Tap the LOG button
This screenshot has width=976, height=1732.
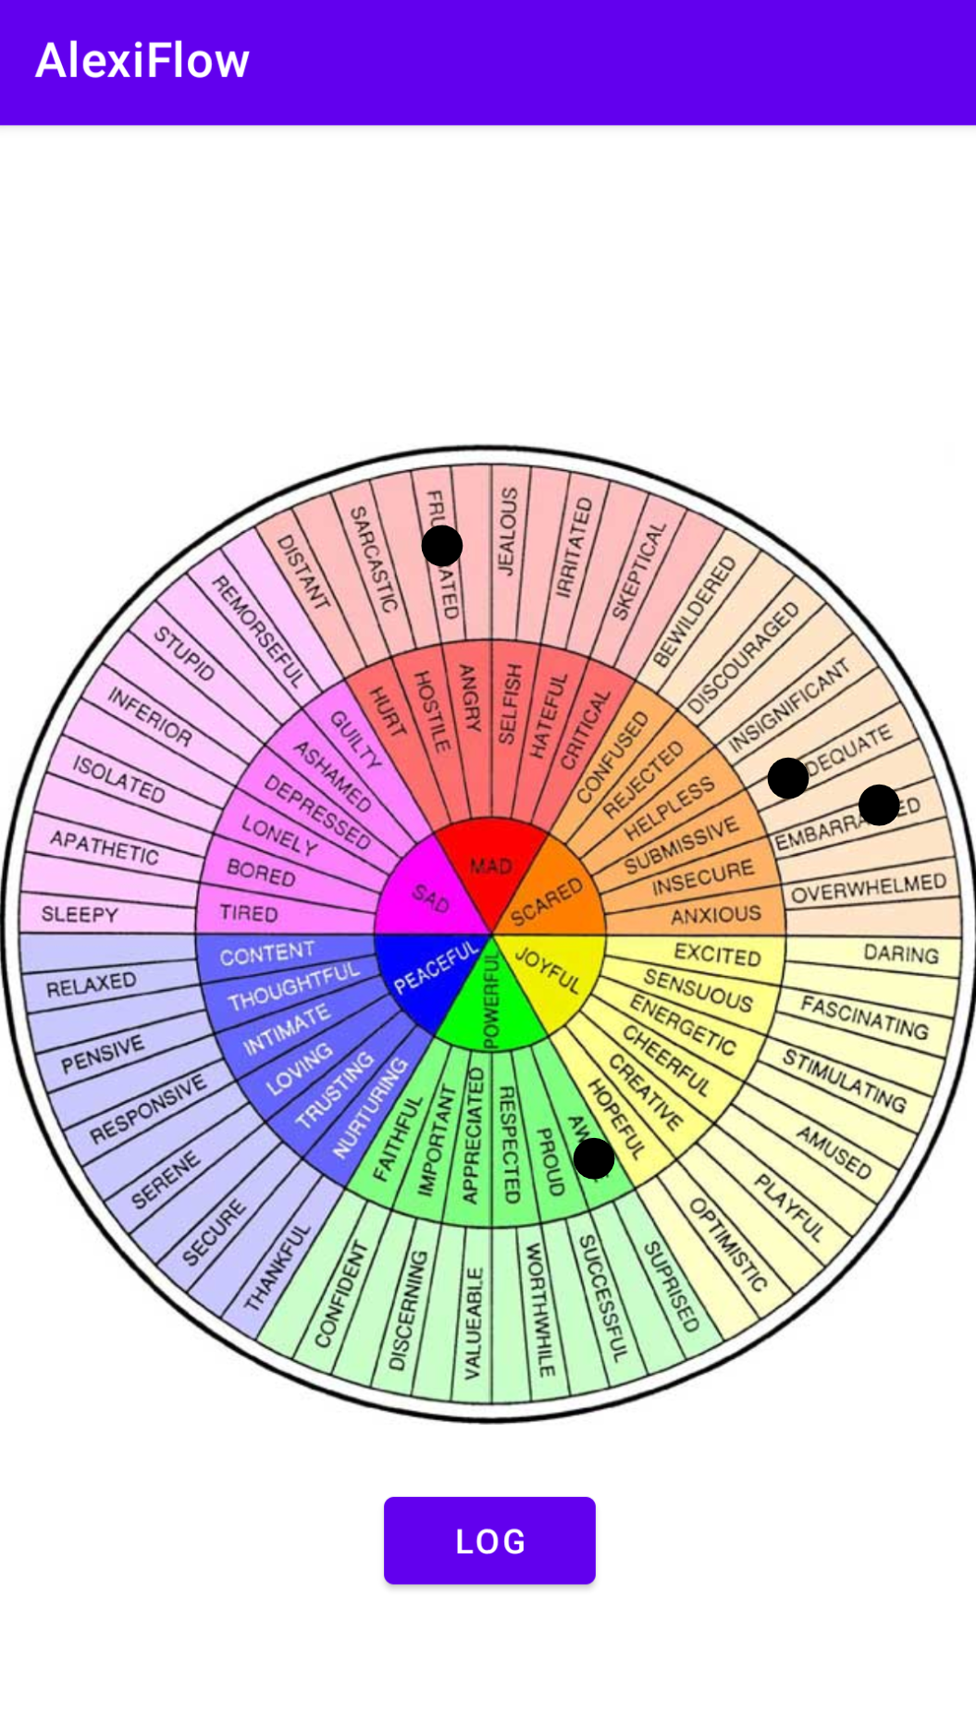(489, 1540)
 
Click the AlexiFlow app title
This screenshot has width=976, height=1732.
(142, 61)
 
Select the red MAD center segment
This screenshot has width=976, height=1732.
(490, 865)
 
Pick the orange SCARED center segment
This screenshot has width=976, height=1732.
(548, 899)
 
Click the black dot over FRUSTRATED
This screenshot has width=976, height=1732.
(442, 546)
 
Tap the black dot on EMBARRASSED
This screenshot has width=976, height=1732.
(879, 805)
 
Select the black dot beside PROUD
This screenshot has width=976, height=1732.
(594, 1158)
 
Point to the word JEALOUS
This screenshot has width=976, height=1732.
(508, 531)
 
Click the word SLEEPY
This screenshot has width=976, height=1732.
(80, 914)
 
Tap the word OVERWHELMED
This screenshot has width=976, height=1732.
(868, 888)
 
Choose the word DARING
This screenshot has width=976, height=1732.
(900, 953)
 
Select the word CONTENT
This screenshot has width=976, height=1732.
(267, 953)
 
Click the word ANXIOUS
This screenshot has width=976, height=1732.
(716, 915)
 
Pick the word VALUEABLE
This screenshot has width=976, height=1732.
(473, 1323)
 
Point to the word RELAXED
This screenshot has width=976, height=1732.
(91, 984)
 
